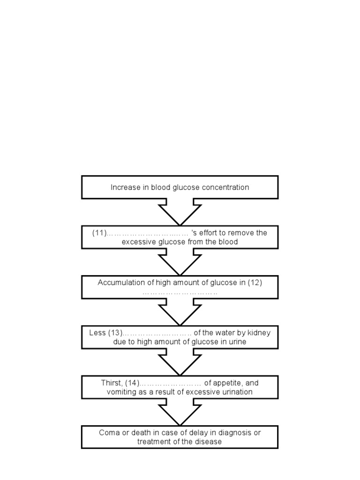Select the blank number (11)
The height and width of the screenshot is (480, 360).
tap(99, 233)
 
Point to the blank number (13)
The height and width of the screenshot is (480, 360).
tap(115, 333)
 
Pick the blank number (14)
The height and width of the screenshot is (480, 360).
tap(132, 383)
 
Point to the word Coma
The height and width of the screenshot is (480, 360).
tap(108, 433)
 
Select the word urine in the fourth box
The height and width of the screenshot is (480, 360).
tap(236, 342)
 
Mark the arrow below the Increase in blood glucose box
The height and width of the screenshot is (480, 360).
tap(180, 211)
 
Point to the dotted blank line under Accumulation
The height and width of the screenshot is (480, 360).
tap(180, 292)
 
